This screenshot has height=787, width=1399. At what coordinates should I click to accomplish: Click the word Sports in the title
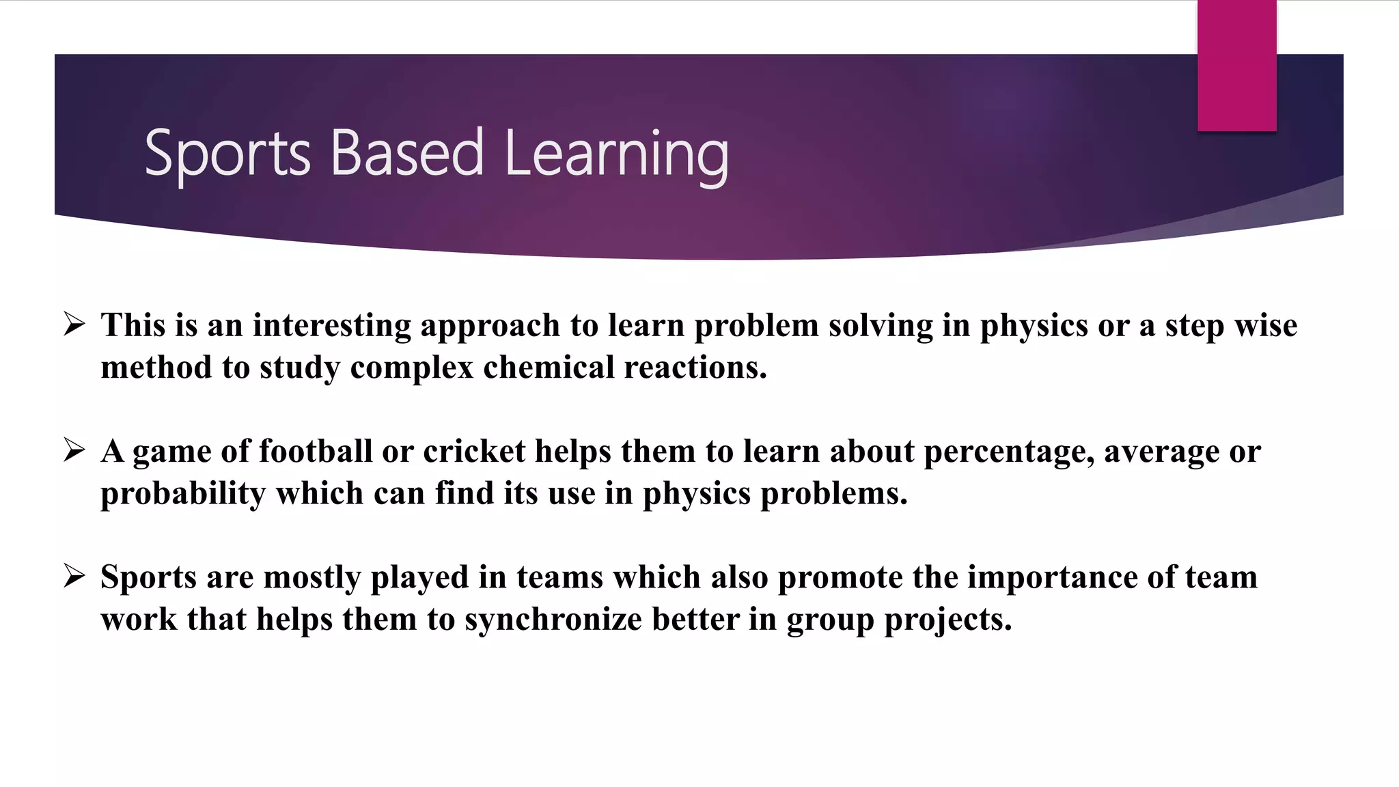227,154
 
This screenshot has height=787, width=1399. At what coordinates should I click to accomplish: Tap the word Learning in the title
616,154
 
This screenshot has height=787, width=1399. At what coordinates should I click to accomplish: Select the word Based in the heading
407,152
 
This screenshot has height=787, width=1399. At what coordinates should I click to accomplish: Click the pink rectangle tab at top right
1236,66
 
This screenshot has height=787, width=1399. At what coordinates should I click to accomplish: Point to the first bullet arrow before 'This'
74,324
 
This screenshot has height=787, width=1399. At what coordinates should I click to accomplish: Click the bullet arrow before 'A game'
74,450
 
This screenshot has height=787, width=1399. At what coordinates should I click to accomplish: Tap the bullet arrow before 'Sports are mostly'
74,576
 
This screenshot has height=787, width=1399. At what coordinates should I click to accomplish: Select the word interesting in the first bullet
331,325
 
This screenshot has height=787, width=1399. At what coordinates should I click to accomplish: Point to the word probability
182,494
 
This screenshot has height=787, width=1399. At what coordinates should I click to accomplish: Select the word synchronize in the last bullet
553,620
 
